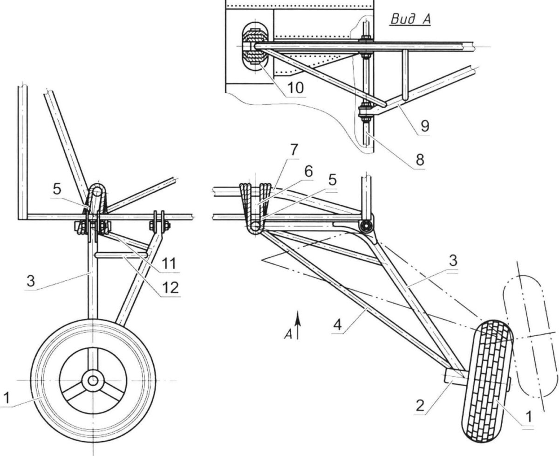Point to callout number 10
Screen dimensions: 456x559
(293, 86)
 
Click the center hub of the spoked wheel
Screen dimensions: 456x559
(93, 380)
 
